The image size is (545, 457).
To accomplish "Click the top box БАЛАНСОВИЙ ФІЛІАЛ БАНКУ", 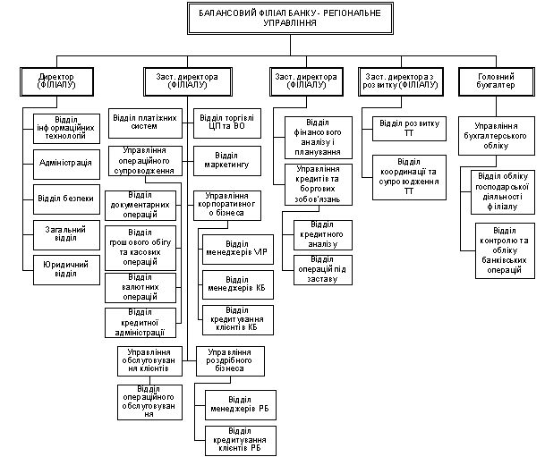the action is point(290,18).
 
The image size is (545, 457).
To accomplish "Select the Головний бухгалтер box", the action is point(497,81).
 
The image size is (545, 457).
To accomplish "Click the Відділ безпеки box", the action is point(66,199).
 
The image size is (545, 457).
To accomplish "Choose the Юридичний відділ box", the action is point(66,270).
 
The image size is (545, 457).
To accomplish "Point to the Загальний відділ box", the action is point(66,234).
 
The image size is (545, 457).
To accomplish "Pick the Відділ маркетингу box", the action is point(227,161).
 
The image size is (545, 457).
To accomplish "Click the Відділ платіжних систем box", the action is point(145,123).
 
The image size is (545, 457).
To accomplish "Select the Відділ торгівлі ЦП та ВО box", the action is point(227,123).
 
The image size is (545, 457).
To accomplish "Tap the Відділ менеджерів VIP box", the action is point(238,250).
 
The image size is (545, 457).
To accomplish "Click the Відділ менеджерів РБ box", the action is point(241,405).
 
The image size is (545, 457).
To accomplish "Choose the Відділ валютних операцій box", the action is point(141,288).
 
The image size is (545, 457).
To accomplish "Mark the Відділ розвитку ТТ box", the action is point(409,129).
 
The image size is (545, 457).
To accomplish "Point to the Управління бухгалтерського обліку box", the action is point(497,136).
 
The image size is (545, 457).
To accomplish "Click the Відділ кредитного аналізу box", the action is point(323,235).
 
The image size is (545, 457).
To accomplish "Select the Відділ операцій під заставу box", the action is point(323,270).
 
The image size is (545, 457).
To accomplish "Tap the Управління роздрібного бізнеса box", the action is point(230,361).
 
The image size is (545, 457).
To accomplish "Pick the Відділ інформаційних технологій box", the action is point(66,129).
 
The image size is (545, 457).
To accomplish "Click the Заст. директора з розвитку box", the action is point(401,81).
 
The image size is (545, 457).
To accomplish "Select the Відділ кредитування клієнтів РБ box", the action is point(241,441).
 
